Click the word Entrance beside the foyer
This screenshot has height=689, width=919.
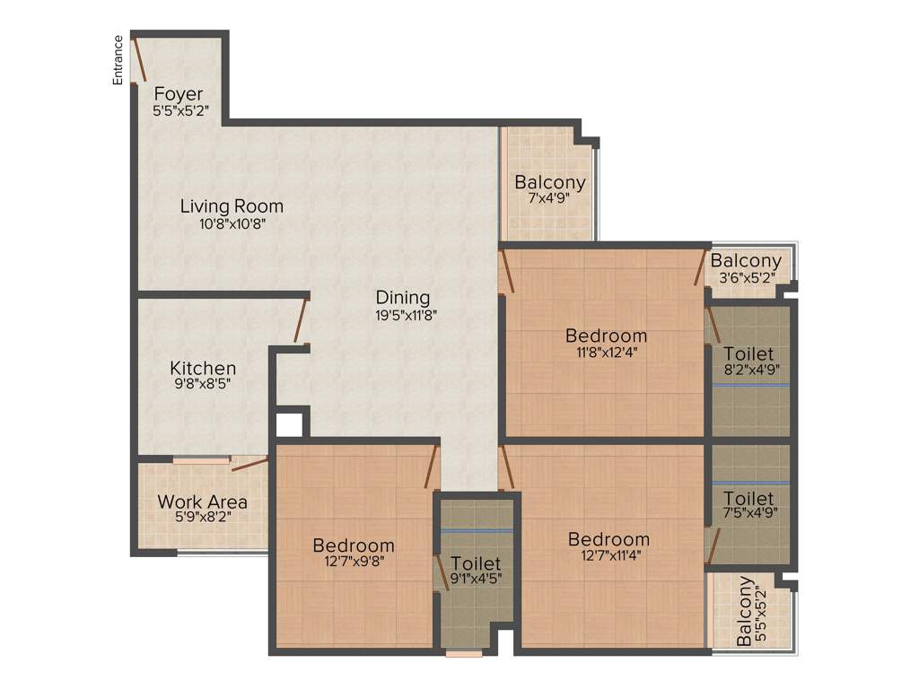[x=118, y=60]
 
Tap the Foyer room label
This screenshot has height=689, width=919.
[x=179, y=94]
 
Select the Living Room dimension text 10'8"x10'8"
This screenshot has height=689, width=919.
[x=232, y=224]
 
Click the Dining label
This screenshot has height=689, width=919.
[x=403, y=297]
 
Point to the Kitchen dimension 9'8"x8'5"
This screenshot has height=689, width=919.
[x=204, y=386]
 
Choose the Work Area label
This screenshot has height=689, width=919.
[x=203, y=501]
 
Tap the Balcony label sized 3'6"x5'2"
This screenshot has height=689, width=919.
[x=746, y=261]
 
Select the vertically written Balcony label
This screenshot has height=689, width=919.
[x=745, y=612]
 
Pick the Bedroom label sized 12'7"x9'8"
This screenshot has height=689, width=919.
[x=354, y=545]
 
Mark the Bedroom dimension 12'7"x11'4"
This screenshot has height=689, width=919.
[x=608, y=554]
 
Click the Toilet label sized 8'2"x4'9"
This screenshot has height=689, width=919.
[x=749, y=353]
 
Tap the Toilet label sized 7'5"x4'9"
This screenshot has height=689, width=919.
[x=748, y=498]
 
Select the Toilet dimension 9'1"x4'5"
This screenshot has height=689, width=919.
[x=476, y=579]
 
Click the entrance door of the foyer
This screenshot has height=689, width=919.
[x=138, y=59]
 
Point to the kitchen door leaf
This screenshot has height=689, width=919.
[x=301, y=320]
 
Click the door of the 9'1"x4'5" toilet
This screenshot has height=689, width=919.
[x=442, y=575]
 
